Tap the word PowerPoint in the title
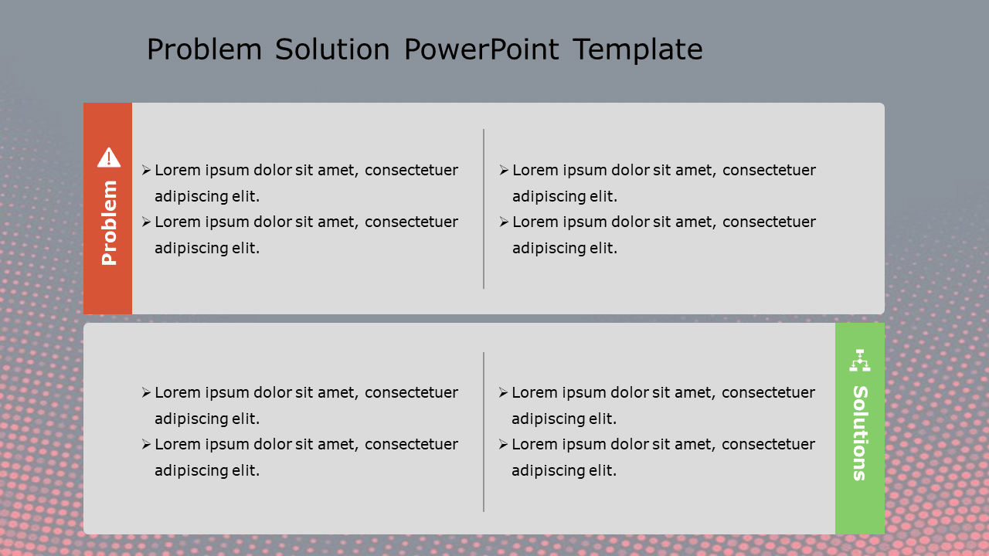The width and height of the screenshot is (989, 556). pyautogui.click(x=481, y=50)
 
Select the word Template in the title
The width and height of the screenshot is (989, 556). pyautogui.click(x=637, y=50)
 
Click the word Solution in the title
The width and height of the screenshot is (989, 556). pyautogui.click(x=332, y=50)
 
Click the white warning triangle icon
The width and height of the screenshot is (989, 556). pyautogui.click(x=108, y=158)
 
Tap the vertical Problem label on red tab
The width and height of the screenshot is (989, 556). pyautogui.click(x=109, y=223)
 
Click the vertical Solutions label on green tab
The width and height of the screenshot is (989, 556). pyautogui.click(x=859, y=432)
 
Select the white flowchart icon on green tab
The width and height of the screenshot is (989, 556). pyautogui.click(x=859, y=360)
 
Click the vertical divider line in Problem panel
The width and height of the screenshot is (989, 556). pyautogui.click(x=484, y=208)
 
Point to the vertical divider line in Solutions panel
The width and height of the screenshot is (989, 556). pyautogui.click(x=484, y=432)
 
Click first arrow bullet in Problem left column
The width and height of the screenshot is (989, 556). pyautogui.click(x=146, y=171)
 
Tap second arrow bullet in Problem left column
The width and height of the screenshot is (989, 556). pyautogui.click(x=146, y=222)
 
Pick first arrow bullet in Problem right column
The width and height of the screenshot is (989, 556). pyautogui.click(x=504, y=171)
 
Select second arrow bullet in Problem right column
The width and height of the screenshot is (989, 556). pyautogui.click(x=504, y=222)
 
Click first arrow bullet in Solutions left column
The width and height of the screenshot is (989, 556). pyautogui.click(x=146, y=393)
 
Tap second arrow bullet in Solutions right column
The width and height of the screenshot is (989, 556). pyautogui.click(x=504, y=445)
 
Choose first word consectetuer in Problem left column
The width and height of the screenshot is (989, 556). pyautogui.click(x=411, y=171)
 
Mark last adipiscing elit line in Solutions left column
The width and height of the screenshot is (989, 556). pyautogui.click(x=206, y=470)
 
